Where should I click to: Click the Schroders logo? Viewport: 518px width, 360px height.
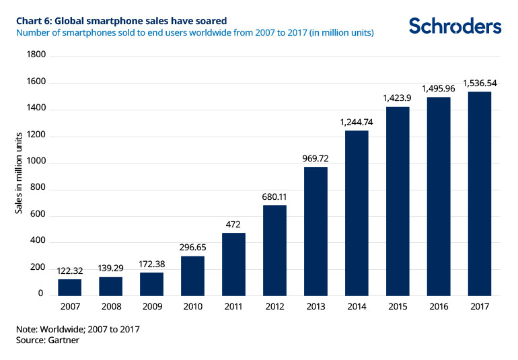pyautogui.click(x=455, y=26)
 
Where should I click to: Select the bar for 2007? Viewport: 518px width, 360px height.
pyautogui.click(x=70, y=287)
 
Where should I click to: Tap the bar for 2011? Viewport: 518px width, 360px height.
pyautogui.click(x=233, y=264)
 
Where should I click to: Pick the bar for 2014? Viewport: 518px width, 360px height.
pyautogui.click(x=357, y=213)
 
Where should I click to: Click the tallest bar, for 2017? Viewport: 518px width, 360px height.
pyautogui.click(x=479, y=193)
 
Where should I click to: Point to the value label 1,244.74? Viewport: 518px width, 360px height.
pyautogui.click(x=357, y=122)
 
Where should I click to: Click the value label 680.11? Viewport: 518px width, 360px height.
pyautogui.click(x=274, y=197)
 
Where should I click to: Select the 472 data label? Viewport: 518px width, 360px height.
pyautogui.click(x=233, y=225)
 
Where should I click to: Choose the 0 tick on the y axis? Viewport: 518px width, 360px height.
pyautogui.click(x=40, y=294)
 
